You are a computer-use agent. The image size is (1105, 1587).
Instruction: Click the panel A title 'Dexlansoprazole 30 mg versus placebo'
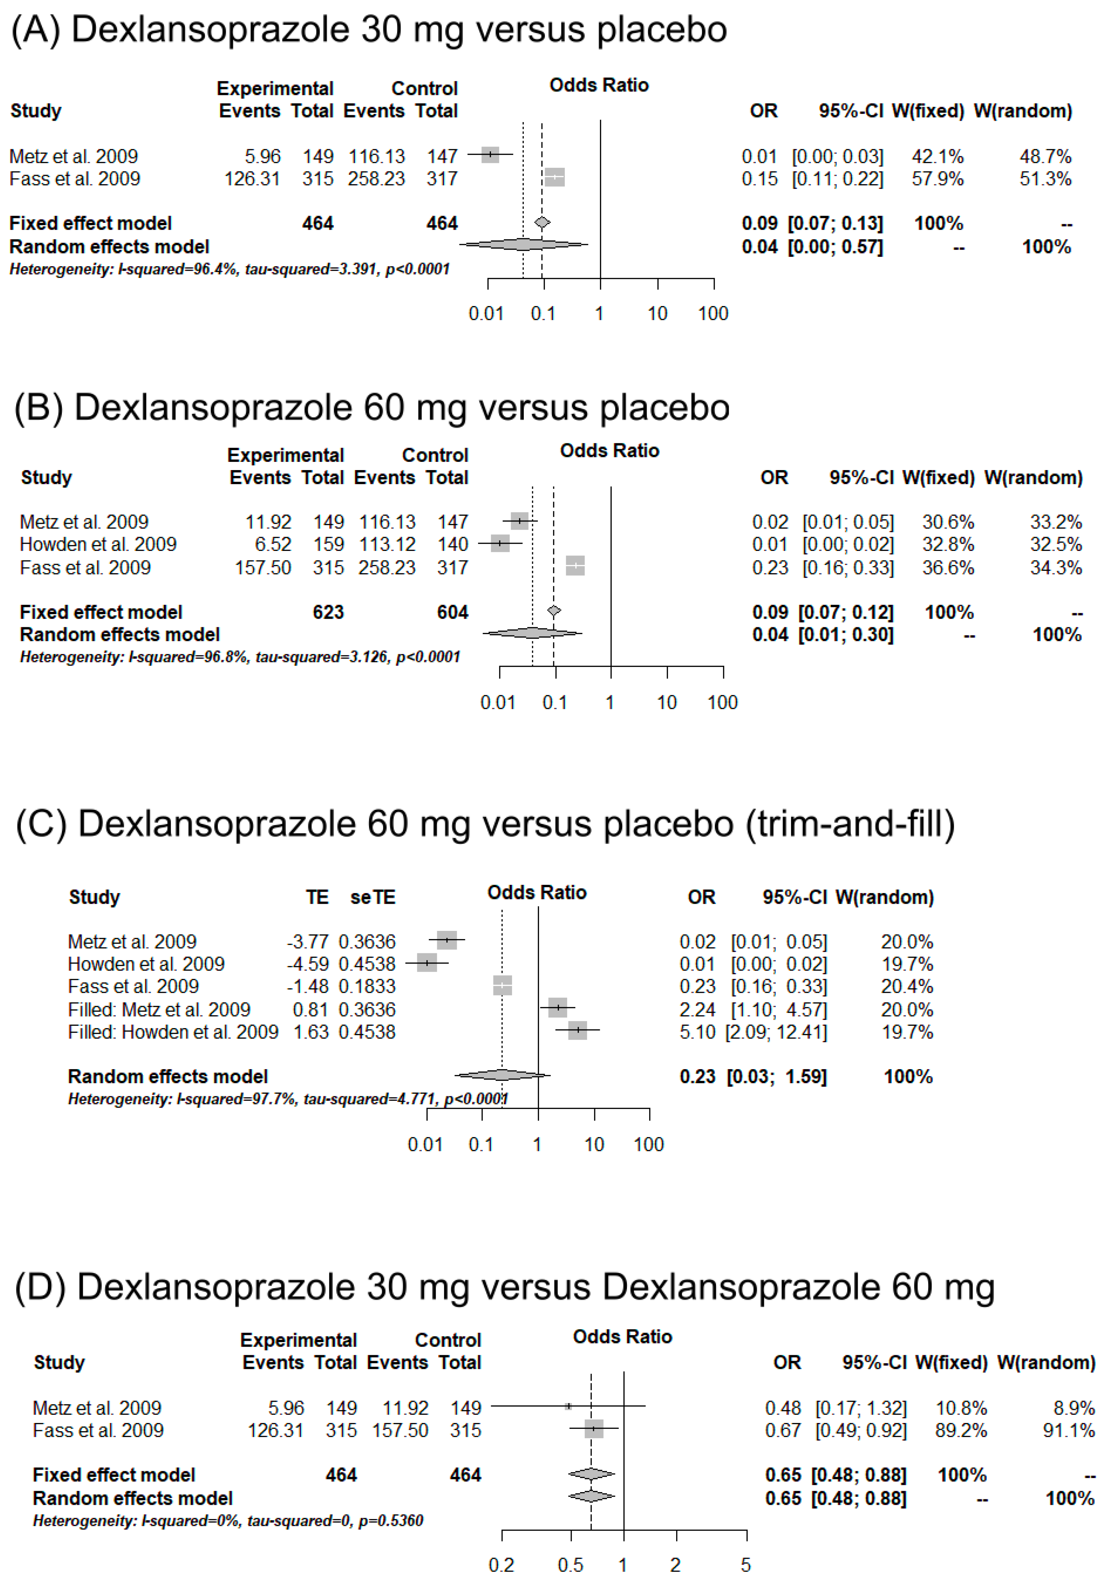[399, 30]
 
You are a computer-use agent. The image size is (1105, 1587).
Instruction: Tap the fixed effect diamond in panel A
[542, 222]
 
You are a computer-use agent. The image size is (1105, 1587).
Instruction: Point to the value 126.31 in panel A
[252, 179]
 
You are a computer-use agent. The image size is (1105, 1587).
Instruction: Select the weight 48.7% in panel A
[1045, 156]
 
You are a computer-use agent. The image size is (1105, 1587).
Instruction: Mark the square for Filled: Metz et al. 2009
[557, 1008]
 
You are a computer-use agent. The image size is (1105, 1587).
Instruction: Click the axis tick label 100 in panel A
[713, 314]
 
